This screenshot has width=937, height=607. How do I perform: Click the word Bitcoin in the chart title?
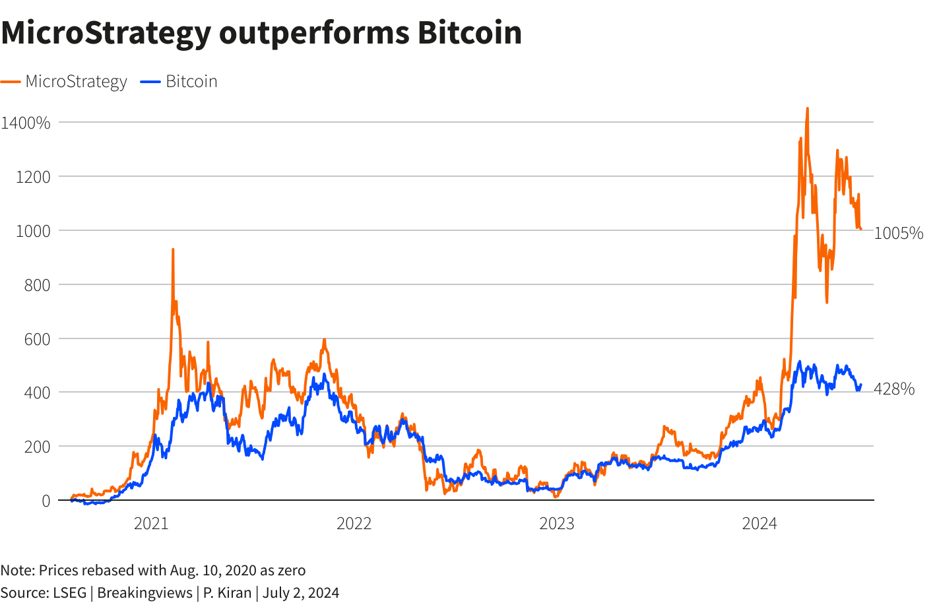pos(469,33)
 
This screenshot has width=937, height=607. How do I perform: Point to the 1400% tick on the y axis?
pos(26,123)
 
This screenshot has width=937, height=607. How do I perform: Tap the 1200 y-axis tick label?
pos(33,177)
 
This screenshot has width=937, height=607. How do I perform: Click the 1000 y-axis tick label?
pos(33,231)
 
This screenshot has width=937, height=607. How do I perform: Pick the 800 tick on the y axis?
pos(37,285)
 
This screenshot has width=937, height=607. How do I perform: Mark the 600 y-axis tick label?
pos(37,339)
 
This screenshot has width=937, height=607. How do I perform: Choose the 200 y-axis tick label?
pos(37,447)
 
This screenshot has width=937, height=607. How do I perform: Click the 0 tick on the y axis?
pos(46,501)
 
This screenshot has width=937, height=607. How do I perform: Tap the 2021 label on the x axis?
pos(151,524)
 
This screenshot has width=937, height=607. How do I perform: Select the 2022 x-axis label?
pos(354,524)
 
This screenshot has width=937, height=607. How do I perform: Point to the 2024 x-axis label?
pos(759,524)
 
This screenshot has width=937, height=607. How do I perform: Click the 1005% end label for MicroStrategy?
pos(898,233)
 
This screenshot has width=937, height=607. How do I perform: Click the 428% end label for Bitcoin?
pos(894,389)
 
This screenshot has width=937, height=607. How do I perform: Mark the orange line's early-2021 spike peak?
pos(173,250)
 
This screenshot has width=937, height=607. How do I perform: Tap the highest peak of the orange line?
pos(808,109)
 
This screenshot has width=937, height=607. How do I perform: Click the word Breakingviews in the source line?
pos(145,592)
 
